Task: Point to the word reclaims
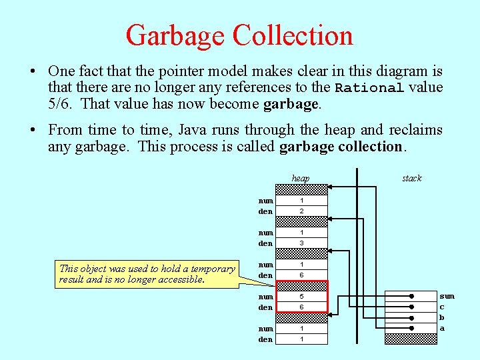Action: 416,130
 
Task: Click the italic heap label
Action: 301,178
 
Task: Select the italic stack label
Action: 411,178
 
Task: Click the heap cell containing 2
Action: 301,211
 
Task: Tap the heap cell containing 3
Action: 301,243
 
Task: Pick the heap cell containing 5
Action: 301,297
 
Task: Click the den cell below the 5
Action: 301,307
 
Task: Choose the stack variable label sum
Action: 446,295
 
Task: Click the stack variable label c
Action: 442,307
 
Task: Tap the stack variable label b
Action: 442,317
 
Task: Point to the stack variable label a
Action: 442,328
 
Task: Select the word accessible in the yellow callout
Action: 178,279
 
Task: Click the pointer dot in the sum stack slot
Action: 412,296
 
